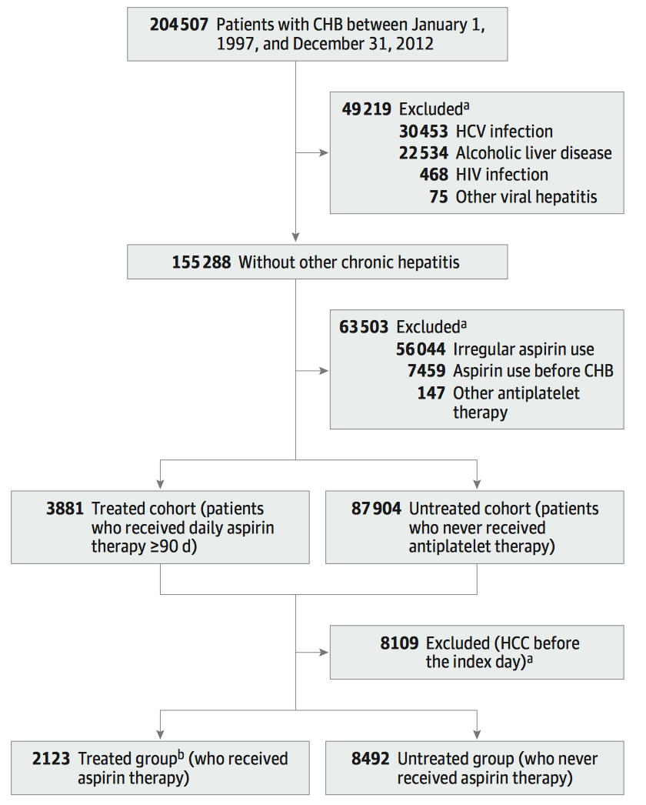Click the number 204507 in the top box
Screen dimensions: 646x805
[x=179, y=25]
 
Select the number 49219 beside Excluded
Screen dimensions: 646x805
[x=366, y=109]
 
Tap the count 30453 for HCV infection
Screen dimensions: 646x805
[x=423, y=132]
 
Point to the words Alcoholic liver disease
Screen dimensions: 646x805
[x=534, y=153]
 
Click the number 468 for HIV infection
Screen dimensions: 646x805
[x=434, y=175]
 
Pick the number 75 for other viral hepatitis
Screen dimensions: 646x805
[x=438, y=196]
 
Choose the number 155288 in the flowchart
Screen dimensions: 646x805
[x=201, y=262]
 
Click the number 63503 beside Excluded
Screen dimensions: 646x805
[x=364, y=327]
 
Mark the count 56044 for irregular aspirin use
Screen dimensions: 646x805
[x=421, y=349]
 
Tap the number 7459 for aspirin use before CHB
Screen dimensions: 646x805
[x=426, y=371]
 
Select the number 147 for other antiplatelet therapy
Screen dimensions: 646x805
[x=431, y=393]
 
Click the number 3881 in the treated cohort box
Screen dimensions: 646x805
[x=65, y=509]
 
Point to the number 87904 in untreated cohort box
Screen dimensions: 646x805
[x=376, y=509]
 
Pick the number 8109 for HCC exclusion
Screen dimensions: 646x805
[x=399, y=643]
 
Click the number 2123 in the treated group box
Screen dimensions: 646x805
[x=51, y=759]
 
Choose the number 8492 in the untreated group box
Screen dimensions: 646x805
[x=371, y=759]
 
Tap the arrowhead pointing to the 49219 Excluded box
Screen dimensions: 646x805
[x=324, y=152]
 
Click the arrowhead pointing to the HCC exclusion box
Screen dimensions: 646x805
[x=324, y=653]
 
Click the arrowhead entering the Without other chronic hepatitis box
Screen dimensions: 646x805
[x=295, y=237]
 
